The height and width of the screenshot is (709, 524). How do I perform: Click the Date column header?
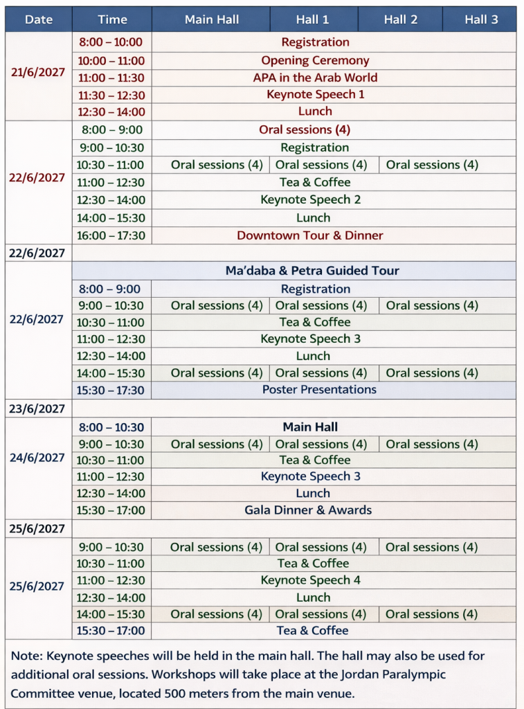pos(39,19)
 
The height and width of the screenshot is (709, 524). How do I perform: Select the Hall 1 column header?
pos(313,19)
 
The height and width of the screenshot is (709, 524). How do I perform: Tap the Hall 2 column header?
pos(401,19)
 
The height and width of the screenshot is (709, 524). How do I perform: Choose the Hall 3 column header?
pos(481,19)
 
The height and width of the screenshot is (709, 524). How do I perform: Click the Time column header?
pos(112,19)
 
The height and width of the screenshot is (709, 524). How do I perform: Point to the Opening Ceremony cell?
pos(315,60)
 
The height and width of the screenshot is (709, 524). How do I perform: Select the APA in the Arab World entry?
pos(315,78)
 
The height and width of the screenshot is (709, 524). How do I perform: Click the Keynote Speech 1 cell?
pos(315,94)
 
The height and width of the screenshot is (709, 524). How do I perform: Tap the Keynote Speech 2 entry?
pos(311,199)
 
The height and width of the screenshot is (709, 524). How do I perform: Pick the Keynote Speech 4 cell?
pos(311,580)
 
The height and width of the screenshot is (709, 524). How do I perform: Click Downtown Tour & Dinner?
pos(310,235)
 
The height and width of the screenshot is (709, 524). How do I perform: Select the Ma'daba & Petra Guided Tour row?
pos(312,271)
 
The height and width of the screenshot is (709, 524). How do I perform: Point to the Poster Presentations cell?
pos(319,389)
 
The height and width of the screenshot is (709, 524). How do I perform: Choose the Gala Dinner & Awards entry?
pos(308,510)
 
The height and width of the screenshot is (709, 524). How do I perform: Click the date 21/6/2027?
pos(38,72)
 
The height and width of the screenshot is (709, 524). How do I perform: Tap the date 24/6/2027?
pos(37,458)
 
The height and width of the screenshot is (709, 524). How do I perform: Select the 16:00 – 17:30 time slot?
pos(112,235)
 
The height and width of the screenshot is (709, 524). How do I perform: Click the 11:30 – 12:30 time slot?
pos(111,95)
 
